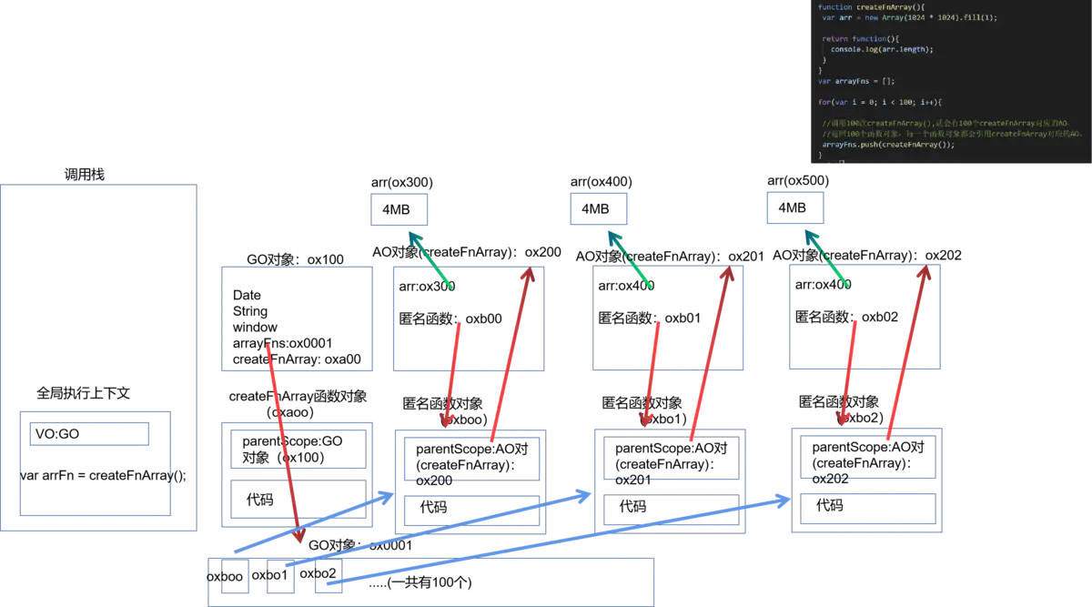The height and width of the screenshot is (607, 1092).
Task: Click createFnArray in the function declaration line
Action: (883, 7)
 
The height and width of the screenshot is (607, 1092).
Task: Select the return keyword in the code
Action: (834, 39)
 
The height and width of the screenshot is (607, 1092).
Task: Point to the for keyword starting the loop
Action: (823, 102)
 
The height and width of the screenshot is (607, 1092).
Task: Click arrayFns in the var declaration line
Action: (851, 81)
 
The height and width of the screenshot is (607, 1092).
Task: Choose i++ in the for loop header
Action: (925, 102)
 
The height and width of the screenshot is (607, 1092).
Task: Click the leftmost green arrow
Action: (430, 259)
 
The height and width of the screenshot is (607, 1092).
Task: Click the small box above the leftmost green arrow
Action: (397, 210)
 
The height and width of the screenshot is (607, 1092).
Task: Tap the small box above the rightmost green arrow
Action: (794, 209)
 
